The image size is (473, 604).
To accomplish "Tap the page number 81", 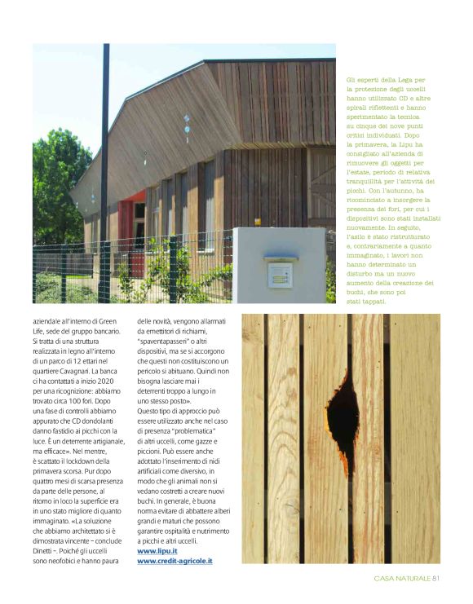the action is tap(436, 580).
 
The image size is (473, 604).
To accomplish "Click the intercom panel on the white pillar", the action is tap(280, 273).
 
